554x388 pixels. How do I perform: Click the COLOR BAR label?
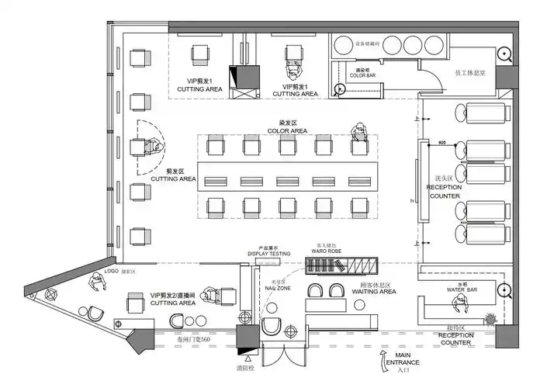coord(362,75)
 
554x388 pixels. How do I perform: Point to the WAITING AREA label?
coord(379,292)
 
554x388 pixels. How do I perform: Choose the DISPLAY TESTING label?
coord(269,254)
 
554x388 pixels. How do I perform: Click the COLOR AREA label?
coord(289,131)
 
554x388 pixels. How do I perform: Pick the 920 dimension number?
coord(442,144)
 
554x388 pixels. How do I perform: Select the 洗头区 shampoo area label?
coord(444,178)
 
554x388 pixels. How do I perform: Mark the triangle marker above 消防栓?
coord(248,359)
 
